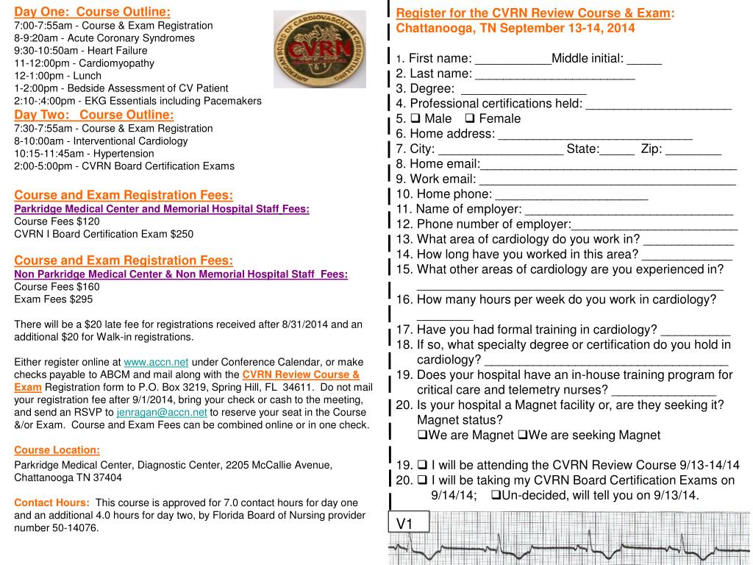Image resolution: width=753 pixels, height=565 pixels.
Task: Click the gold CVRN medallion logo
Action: [319, 49]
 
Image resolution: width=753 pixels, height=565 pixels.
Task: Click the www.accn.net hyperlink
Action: [156, 362]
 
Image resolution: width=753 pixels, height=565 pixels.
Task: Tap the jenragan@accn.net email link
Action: [162, 412]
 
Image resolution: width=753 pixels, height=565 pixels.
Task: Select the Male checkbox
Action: [415, 118]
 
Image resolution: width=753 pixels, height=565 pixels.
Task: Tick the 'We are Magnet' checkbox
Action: [422, 435]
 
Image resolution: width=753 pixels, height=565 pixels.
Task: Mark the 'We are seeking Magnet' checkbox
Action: [523, 435]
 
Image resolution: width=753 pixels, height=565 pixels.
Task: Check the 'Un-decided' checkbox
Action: [496, 495]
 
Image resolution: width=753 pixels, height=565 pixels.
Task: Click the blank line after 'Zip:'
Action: [693, 149]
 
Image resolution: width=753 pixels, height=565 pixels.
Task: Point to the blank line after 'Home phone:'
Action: [571, 195]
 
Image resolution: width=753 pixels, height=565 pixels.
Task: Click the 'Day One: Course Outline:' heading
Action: [93, 12]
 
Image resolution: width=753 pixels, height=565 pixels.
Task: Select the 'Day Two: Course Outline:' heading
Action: [94, 115]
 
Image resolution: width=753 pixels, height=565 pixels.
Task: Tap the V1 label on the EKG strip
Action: [405, 523]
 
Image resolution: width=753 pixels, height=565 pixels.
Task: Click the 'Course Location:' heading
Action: [57, 449]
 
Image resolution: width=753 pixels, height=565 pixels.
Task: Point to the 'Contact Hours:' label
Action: [52, 502]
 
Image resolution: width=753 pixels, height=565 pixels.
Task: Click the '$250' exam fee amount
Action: [182, 234]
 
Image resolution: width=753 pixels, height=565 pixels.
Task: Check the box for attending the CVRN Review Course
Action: [422, 465]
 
